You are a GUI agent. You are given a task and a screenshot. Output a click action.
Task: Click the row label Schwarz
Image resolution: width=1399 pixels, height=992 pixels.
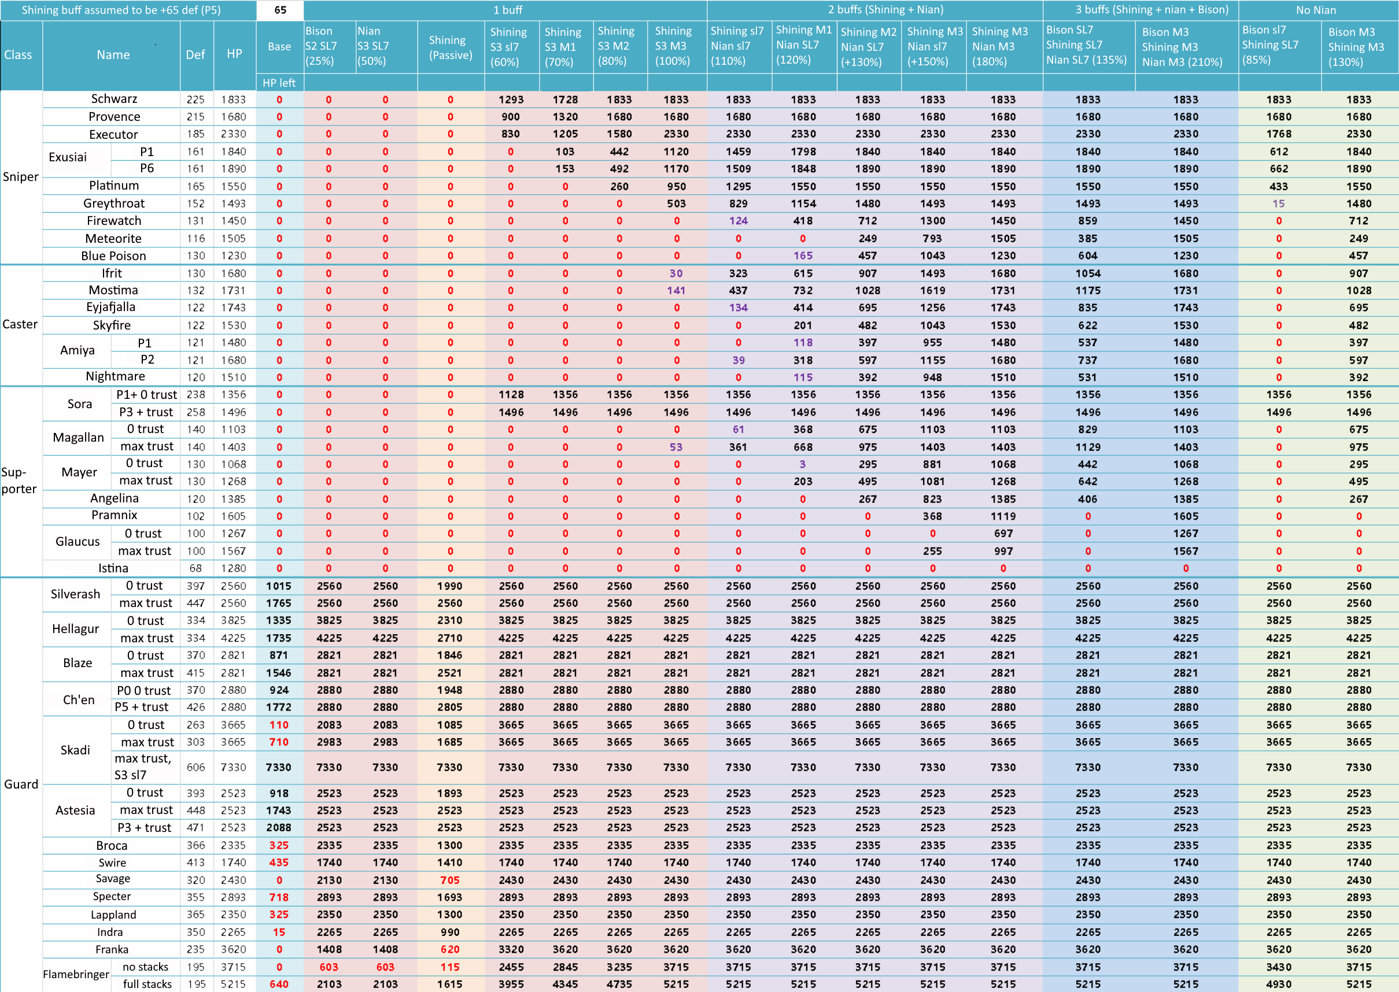[113, 99]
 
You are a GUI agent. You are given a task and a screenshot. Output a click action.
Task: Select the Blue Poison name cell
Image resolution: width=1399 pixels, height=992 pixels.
[113, 256]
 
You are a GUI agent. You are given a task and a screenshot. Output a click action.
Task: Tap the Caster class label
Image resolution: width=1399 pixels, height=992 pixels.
[20, 324]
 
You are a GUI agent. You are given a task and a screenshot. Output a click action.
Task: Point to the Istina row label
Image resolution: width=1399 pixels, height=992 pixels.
[113, 568]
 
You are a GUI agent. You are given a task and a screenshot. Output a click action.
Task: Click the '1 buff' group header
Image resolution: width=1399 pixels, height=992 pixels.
[508, 10]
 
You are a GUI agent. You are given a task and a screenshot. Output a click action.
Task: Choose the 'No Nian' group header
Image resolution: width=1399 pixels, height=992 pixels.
[1316, 10]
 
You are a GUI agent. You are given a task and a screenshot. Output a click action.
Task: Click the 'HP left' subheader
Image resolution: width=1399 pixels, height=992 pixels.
[279, 83]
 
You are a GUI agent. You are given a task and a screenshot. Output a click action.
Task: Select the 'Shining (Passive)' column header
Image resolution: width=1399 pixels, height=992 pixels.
[451, 47]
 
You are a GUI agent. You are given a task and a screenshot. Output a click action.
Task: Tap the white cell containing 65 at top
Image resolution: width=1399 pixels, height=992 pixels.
[280, 10]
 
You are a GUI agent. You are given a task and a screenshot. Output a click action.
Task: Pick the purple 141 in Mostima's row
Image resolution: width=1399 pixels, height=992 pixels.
[675, 291]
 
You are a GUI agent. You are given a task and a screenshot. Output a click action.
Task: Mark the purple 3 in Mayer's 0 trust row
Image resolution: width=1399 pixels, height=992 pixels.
[802, 464]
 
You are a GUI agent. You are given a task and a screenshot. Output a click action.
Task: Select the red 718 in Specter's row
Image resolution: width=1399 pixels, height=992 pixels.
[279, 897]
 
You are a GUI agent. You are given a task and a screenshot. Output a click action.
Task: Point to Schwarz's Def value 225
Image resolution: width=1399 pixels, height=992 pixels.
[195, 99]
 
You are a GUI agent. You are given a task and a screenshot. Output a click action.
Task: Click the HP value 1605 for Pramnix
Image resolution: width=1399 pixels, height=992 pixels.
[234, 516]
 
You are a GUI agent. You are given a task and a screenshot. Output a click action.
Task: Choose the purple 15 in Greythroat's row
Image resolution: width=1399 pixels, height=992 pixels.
[1278, 203]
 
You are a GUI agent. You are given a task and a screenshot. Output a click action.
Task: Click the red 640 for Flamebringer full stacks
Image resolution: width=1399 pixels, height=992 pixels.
[279, 984]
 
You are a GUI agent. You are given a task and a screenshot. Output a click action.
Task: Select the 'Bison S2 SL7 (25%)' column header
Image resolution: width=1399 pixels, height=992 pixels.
[322, 46]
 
